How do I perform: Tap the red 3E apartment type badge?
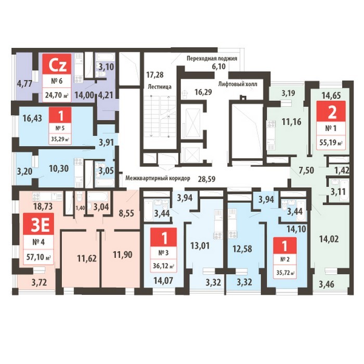point(39,224)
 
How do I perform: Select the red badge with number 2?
point(332,113)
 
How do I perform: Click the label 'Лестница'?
point(160,87)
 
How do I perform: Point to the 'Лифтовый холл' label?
point(238,84)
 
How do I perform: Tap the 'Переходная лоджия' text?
point(212,58)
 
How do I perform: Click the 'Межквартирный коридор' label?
point(158,178)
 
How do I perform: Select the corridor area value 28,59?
point(206,179)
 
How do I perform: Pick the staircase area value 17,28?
point(155,75)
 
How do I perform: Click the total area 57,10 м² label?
point(39,257)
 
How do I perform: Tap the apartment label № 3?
point(164,253)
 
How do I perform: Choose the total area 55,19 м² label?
point(331,142)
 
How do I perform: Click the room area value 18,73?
point(43,206)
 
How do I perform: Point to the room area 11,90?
point(123,255)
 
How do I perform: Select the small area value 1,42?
point(342,171)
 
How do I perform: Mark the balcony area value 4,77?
point(24,83)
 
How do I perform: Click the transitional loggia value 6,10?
point(218,67)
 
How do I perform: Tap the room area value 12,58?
point(242,249)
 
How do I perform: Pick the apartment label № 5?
point(60,128)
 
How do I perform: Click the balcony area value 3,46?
point(327,284)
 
